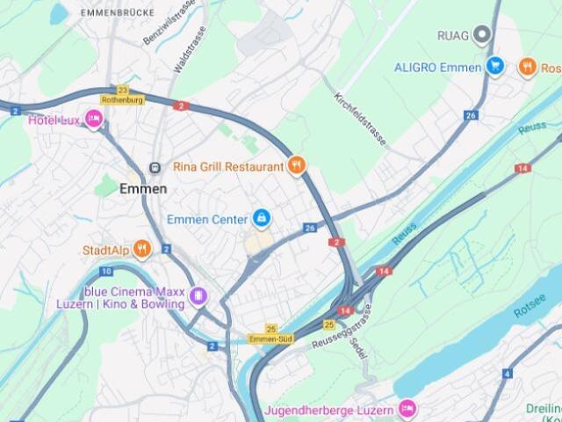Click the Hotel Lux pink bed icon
coord(94,120)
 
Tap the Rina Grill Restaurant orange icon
coord(297,164)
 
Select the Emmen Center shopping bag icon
coord(261,217)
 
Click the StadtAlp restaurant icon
coord(143,250)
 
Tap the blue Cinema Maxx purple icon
coord(199,296)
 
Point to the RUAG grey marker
coord(480,35)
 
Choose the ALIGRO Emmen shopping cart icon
coord(495,66)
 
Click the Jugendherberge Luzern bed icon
coord(406,409)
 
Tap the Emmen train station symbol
coord(155,167)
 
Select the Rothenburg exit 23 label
coord(121,95)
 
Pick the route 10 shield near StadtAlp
coord(106,272)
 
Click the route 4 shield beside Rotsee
coord(508,373)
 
